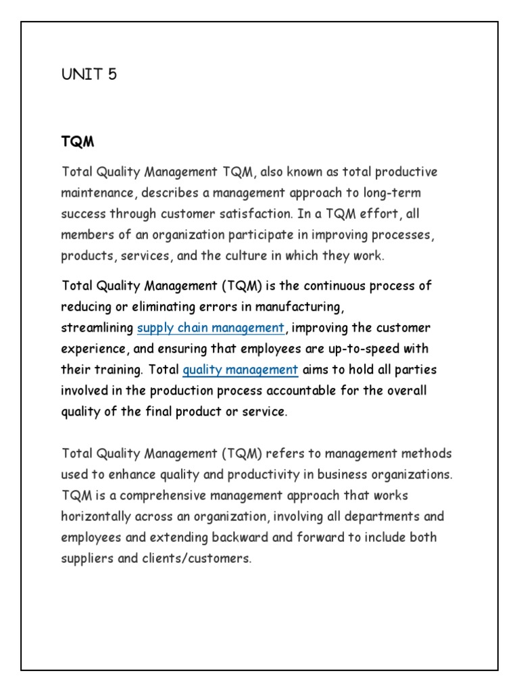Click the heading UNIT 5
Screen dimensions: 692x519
click(x=89, y=74)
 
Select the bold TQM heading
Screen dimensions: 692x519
click(x=77, y=142)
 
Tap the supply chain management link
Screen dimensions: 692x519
click(x=211, y=328)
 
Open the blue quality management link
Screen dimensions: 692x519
click(x=240, y=370)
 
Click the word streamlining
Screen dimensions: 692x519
click(x=97, y=328)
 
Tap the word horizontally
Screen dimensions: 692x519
click(x=99, y=516)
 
